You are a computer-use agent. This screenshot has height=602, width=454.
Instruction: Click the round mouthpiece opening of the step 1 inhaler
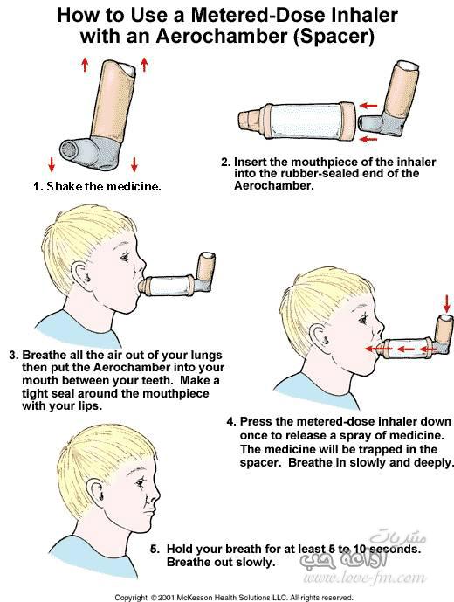click(70, 149)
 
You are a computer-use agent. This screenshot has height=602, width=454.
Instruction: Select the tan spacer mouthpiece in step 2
click(250, 122)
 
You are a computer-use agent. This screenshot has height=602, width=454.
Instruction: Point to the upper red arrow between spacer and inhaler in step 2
click(369, 105)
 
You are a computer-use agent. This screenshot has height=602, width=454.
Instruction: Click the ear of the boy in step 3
click(83, 273)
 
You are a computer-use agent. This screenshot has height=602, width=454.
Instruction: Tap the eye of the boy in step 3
click(125, 256)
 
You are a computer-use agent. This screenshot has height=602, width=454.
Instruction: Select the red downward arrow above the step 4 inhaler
click(446, 303)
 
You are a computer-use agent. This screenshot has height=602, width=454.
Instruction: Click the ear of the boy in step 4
click(320, 336)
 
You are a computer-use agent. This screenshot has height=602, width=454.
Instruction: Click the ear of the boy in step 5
click(96, 490)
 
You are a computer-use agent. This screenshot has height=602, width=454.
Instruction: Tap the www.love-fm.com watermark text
click(364, 578)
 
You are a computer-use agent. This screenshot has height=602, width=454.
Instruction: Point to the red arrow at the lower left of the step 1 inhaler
click(52, 163)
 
